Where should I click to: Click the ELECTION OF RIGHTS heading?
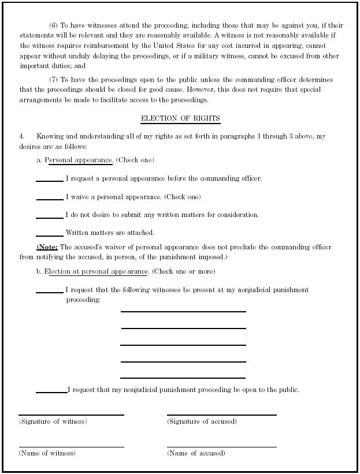180,118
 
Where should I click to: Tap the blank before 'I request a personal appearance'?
50,180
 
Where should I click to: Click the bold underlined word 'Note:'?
47,247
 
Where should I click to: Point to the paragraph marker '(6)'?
54,25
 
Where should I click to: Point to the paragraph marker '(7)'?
54,80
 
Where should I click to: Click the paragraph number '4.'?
22,136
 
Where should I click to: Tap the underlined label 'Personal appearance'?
79,160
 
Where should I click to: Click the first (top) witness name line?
183,311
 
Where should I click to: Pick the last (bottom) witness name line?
183,378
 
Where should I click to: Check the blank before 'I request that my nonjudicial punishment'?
51,391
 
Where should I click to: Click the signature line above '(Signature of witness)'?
71,414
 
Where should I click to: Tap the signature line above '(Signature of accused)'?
221,414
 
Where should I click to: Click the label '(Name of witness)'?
47,453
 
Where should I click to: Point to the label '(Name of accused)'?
196,453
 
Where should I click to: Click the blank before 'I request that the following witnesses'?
50,291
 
